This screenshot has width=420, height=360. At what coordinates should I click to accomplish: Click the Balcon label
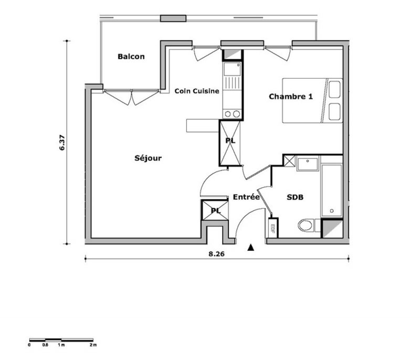tap(131, 57)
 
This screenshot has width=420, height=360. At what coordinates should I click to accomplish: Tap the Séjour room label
tap(148, 158)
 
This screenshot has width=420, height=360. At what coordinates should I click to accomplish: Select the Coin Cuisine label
tap(197, 91)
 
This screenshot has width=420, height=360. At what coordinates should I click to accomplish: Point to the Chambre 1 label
tap(291, 97)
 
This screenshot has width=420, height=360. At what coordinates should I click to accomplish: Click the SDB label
tap(295, 197)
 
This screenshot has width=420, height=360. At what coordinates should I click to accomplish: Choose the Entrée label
tap(246, 197)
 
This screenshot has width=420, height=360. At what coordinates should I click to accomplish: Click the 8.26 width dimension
tap(216, 254)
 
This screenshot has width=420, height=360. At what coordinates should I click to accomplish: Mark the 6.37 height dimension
tap(62, 142)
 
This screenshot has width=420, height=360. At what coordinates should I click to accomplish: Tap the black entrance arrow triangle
tap(250, 248)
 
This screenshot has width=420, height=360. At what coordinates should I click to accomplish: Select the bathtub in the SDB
tap(332, 190)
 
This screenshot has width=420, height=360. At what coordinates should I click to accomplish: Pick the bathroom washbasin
tap(307, 164)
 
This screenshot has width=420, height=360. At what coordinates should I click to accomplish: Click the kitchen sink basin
tap(232, 69)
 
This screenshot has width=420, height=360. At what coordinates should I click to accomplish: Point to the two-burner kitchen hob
tap(232, 114)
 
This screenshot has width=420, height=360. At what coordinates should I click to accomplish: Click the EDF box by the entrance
tap(273, 228)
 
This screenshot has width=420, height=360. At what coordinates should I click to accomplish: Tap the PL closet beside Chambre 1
tap(230, 143)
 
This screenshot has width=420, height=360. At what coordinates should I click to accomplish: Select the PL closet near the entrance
tap(215, 210)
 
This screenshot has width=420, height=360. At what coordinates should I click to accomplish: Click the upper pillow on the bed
tap(334, 90)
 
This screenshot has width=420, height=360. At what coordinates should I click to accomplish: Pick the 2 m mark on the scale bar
tap(93, 345)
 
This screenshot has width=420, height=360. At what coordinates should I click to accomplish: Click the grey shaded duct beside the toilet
tap(332, 229)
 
